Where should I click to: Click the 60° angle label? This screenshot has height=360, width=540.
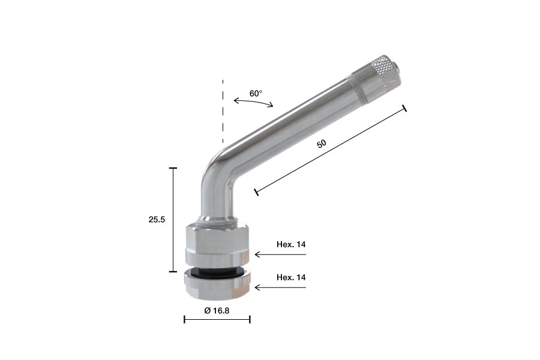pos(256,94)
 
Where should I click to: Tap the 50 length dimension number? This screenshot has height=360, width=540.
pos(322,143)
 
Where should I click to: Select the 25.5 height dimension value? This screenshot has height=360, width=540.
pos(157,220)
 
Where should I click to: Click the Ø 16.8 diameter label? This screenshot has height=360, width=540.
pos(217,311)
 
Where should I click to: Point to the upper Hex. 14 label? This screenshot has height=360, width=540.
pos(291,245)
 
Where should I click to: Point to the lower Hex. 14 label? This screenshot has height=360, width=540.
pos(291,277)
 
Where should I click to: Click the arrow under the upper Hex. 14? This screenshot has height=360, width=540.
pos(280,254)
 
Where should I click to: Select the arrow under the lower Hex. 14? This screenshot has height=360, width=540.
pos(280,287)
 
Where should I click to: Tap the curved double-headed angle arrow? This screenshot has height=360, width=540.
pos(253,101)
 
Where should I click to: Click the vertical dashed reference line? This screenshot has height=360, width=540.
pos(223,111)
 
